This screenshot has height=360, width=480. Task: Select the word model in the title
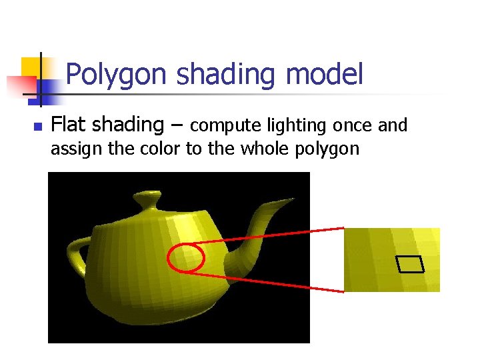(x=324, y=75)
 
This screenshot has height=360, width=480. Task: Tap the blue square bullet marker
(x=37, y=126)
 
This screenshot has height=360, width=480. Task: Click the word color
(x=160, y=148)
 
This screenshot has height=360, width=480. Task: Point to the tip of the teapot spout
(x=292, y=199)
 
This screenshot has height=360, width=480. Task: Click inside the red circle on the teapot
(x=185, y=258)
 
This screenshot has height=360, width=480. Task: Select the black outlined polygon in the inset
(x=410, y=265)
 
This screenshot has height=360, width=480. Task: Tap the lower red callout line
(x=273, y=282)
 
